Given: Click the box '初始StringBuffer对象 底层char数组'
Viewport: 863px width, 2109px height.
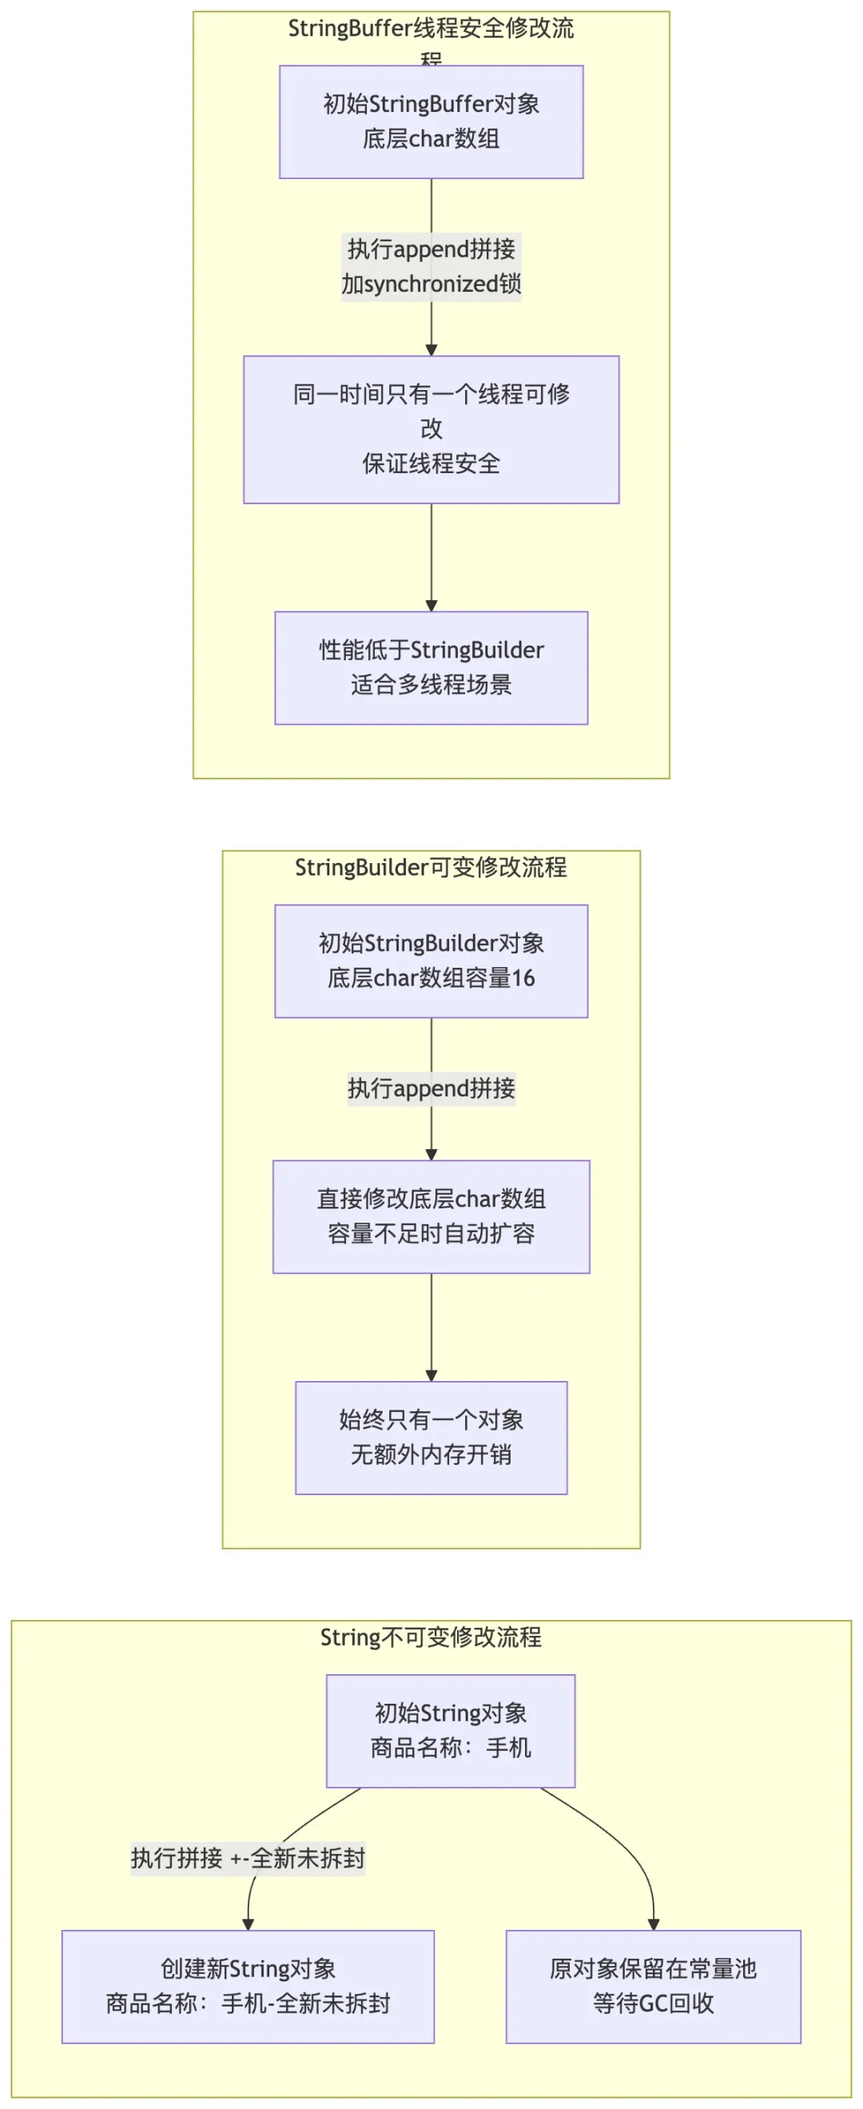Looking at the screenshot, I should point(431,121).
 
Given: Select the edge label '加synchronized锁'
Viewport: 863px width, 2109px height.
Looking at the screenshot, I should point(431,284).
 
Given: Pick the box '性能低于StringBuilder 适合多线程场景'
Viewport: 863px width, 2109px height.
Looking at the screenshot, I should point(431,667).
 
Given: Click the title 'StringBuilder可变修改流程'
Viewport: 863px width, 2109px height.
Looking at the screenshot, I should point(431,867).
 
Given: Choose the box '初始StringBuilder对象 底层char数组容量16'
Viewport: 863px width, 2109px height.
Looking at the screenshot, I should point(431,961).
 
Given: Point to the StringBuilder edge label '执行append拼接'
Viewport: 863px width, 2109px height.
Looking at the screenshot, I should point(431,1088).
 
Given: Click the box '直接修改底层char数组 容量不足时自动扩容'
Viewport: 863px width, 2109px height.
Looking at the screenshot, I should point(431,1216).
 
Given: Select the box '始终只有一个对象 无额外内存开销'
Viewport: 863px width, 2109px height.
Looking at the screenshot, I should point(431,1437).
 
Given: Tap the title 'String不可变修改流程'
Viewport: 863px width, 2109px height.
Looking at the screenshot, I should point(431,1637).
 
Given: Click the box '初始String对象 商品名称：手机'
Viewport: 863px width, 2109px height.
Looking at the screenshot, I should point(451,1730).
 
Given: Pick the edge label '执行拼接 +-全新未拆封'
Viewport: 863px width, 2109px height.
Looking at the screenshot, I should point(247,1857).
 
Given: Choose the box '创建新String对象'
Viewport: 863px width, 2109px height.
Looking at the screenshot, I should point(247,1985).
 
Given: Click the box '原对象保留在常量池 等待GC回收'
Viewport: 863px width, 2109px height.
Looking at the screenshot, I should point(653,1985).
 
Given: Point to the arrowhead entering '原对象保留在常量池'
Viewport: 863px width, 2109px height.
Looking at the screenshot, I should point(653,1924).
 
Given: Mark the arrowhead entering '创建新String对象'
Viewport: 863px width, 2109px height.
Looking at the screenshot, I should point(247,1924).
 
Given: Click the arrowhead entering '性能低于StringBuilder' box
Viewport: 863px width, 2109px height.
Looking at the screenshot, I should point(431,605).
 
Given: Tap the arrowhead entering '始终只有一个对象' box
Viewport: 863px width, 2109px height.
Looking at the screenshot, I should point(431,1375).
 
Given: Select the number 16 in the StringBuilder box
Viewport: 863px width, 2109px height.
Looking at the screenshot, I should point(523,977).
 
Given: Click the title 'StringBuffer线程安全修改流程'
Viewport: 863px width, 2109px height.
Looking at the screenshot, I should point(431,30).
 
